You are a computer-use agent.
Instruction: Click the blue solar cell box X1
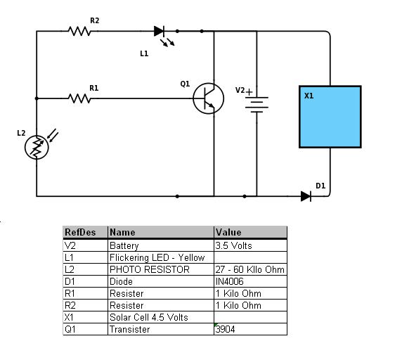coord(330,116)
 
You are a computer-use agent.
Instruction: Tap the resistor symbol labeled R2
coord(80,31)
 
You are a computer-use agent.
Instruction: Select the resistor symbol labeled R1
coord(80,98)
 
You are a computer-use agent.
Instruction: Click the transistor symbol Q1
coord(208,98)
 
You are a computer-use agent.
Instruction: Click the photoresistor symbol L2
coord(37,146)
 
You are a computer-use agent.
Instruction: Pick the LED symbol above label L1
coord(160,31)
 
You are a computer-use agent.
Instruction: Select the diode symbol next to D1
coord(306,196)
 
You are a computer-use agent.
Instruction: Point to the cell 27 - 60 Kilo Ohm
coord(250,269)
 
